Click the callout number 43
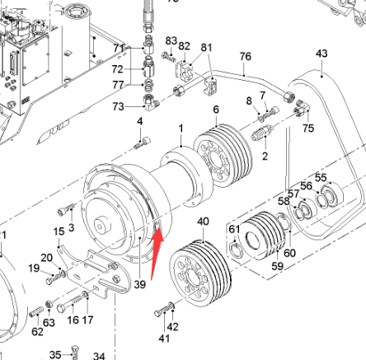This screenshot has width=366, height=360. pos(321,54)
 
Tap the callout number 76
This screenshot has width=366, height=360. pos(246,56)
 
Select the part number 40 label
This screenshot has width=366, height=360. pos(203,221)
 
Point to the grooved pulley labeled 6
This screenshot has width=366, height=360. pos(223,156)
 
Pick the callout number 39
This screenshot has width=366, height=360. pos(139,284)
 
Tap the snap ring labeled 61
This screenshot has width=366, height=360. pos(236,250)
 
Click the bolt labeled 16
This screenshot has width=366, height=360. pos(70,303)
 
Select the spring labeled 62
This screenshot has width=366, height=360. pos(36,311)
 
